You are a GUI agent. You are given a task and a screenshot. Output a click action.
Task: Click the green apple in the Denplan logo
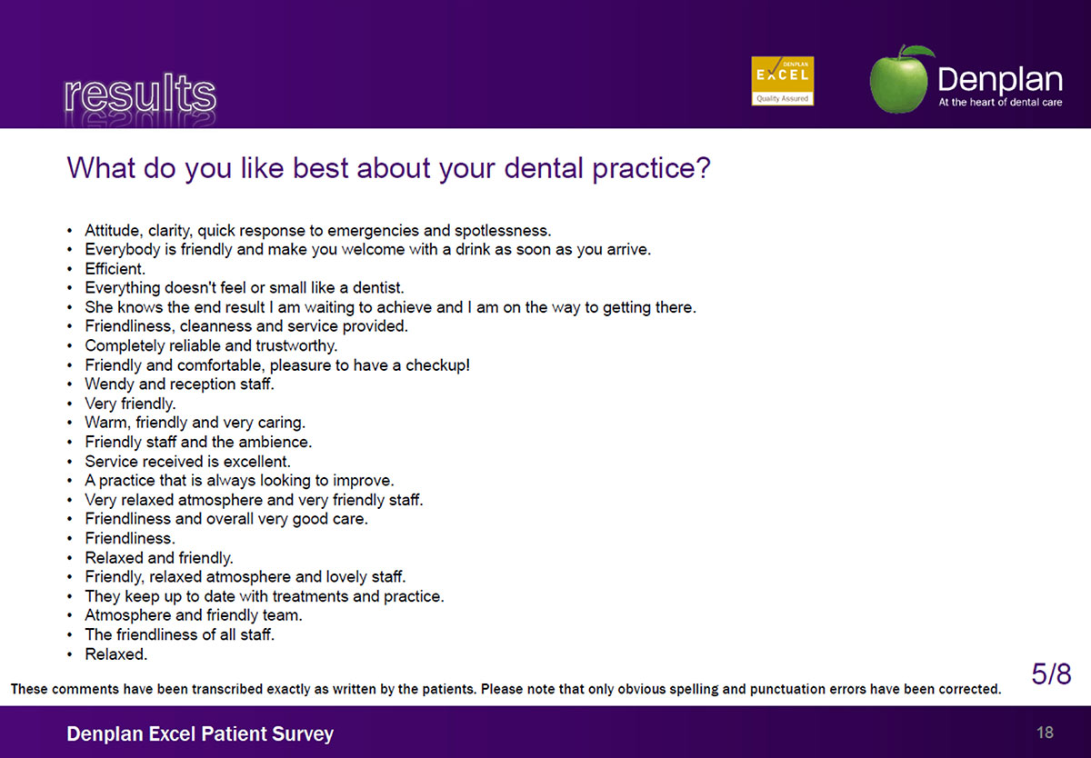click(x=900, y=80)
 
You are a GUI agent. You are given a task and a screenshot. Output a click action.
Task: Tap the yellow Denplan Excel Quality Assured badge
click(x=782, y=81)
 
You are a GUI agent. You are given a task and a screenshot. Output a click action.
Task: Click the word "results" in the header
click(x=140, y=93)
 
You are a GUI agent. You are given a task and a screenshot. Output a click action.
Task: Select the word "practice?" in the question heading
click(x=651, y=168)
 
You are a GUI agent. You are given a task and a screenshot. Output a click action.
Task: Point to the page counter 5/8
click(x=1051, y=673)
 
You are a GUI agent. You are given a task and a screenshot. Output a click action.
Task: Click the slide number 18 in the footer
click(x=1045, y=733)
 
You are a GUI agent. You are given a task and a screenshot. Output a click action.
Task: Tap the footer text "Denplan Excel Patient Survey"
click(x=200, y=733)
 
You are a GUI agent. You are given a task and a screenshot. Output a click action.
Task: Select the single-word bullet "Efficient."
click(x=115, y=269)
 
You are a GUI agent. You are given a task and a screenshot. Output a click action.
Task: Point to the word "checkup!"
click(x=438, y=365)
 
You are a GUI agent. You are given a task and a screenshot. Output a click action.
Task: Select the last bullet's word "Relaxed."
click(x=116, y=653)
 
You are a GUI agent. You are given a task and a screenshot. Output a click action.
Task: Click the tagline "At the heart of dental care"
click(x=1000, y=102)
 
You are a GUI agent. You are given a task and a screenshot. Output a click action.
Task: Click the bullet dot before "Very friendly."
click(x=70, y=404)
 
